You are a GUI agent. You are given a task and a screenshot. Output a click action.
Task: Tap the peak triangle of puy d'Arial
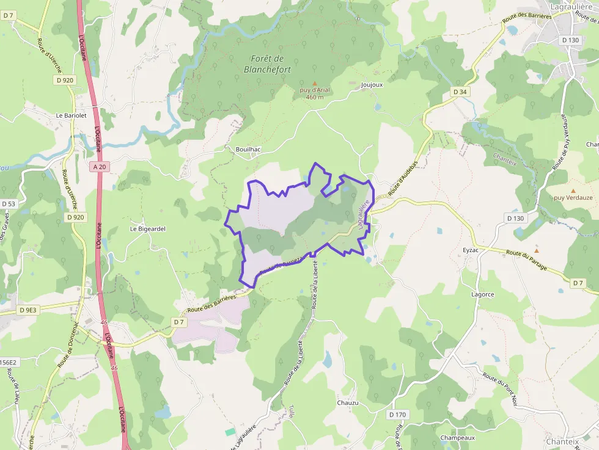315,83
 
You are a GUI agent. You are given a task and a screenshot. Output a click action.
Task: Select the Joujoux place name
372,85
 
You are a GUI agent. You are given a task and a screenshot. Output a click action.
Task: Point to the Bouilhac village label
249,149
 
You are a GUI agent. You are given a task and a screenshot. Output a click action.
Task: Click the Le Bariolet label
71,115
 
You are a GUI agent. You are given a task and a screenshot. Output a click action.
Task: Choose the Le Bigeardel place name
147,229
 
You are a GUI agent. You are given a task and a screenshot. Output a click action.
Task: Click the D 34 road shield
460,92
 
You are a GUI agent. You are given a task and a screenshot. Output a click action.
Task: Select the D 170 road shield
397,415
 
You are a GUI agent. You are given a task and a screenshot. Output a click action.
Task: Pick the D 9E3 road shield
28,310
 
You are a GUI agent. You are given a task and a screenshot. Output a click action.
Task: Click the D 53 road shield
8,203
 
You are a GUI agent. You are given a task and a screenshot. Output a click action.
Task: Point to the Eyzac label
471,250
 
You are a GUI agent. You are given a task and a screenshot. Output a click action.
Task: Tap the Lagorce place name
482,294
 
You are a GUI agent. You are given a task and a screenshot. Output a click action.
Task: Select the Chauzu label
348,403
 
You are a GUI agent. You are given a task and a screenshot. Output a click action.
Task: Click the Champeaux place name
458,438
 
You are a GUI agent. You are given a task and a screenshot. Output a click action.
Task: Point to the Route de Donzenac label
68,346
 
